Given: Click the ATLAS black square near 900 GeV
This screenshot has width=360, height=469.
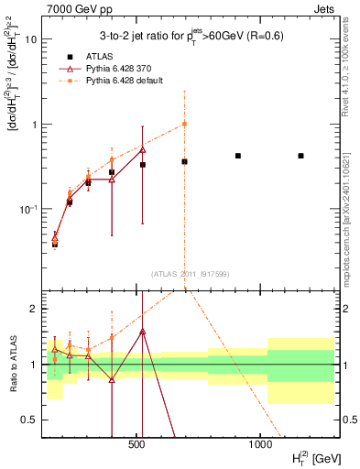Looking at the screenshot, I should click(x=238, y=156).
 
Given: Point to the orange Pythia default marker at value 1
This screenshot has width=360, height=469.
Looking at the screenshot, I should click(x=184, y=124).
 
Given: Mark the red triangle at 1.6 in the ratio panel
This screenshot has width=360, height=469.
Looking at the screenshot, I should click(x=142, y=331).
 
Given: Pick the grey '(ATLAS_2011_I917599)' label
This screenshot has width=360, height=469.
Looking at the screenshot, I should click(x=191, y=273).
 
